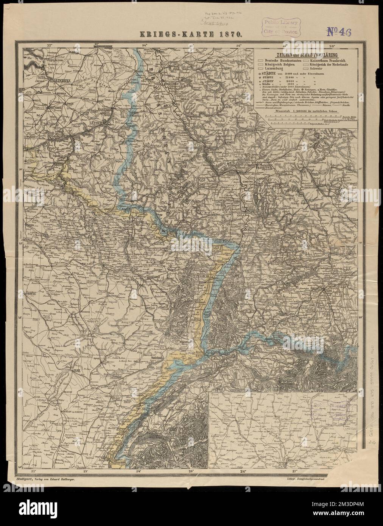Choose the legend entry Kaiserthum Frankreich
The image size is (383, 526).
pos(332,61)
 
